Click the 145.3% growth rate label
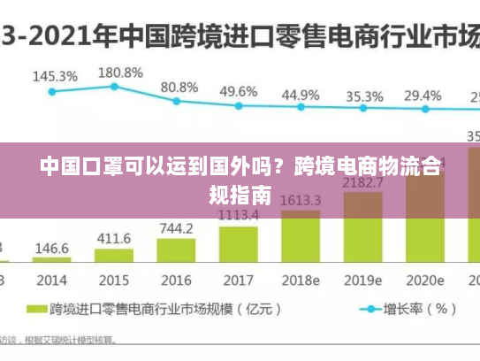[55, 76]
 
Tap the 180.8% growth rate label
[119, 73]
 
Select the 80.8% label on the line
[179, 88]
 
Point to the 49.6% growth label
[239, 91]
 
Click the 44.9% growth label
[301, 95]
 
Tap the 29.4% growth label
[423, 96]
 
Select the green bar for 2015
[113, 255]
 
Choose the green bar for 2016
[176, 249]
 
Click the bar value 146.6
[52, 249]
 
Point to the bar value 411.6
[113, 238]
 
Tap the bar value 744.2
[176, 228]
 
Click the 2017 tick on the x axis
[239, 280]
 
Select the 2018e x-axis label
[301, 280]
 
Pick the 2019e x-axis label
[362, 280]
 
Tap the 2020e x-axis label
[424, 280]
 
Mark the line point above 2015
[114, 86]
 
